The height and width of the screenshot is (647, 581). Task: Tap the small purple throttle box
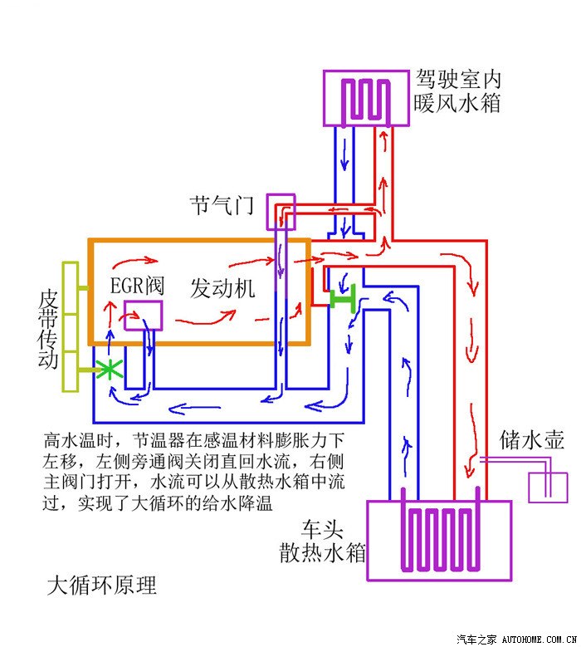(x=281, y=212)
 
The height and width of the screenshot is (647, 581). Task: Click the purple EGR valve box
(x=143, y=316)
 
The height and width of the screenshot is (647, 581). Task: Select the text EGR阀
(x=137, y=286)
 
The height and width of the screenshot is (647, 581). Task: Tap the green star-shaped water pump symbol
(x=109, y=370)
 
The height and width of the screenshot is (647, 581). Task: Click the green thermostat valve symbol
(x=341, y=297)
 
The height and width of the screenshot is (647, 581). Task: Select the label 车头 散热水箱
(x=323, y=541)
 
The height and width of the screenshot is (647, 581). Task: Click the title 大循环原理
(x=101, y=585)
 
